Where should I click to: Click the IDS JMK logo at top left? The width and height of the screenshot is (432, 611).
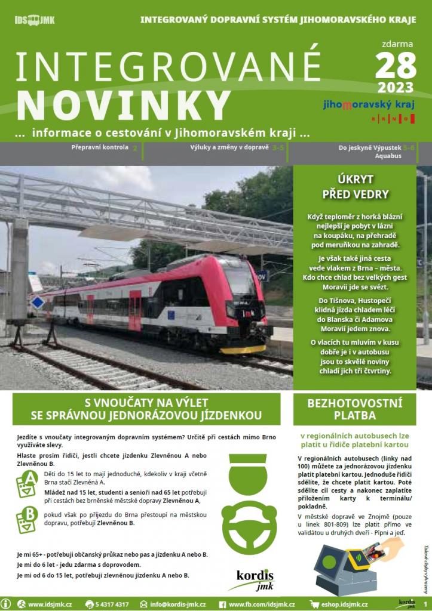tap(34, 20)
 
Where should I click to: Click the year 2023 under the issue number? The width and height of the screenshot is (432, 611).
tap(396, 88)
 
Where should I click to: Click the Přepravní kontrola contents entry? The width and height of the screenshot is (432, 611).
tap(99, 147)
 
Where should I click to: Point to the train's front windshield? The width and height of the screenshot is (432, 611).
tap(240, 279)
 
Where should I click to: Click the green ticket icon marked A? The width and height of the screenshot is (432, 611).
tap(26, 483)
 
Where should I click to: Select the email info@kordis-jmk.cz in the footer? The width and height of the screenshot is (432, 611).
tap(178, 604)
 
